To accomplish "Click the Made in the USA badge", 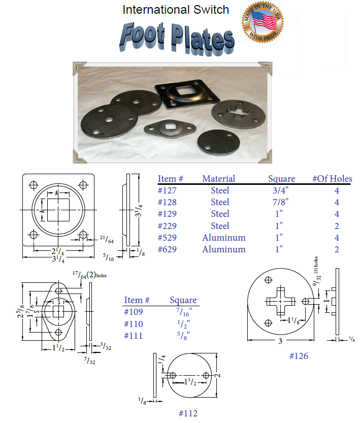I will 262,22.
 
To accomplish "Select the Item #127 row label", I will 168,190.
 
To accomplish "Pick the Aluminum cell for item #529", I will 223,238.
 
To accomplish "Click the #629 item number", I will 168,249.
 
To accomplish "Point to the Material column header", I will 218,179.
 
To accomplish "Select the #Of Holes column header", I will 332,179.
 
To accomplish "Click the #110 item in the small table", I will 134,324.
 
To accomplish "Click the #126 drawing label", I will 299,356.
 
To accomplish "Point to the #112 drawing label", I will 187,413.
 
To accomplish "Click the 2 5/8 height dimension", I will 20,313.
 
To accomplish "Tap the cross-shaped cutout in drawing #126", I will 280,302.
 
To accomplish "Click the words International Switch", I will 176,10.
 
